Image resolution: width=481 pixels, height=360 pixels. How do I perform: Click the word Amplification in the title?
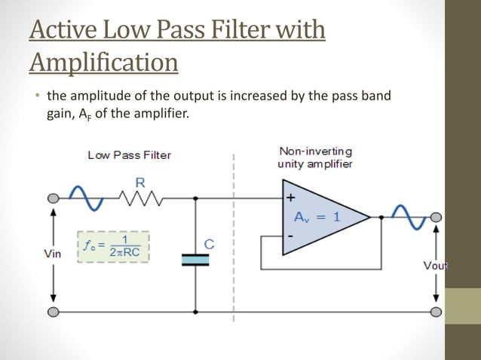(x=104, y=62)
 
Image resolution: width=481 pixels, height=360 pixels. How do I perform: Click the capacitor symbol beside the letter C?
(x=195, y=259)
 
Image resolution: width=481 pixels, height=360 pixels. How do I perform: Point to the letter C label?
(x=209, y=243)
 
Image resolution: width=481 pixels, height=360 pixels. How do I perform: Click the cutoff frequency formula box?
(x=113, y=246)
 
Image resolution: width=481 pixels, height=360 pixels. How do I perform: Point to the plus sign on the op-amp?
(x=290, y=199)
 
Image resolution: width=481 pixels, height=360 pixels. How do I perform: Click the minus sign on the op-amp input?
(x=290, y=236)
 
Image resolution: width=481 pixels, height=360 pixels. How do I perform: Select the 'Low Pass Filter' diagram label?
(x=129, y=155)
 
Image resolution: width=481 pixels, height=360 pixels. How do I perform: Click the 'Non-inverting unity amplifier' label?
(x=314, y=157)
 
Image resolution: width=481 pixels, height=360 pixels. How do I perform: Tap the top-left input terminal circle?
(x=53, y=199)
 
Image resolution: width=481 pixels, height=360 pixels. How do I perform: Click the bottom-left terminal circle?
(x=53, y=312)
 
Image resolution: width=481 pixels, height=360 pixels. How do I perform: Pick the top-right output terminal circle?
(x=435, y=218)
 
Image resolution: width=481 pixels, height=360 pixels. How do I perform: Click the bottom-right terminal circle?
(x=435, y=312)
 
